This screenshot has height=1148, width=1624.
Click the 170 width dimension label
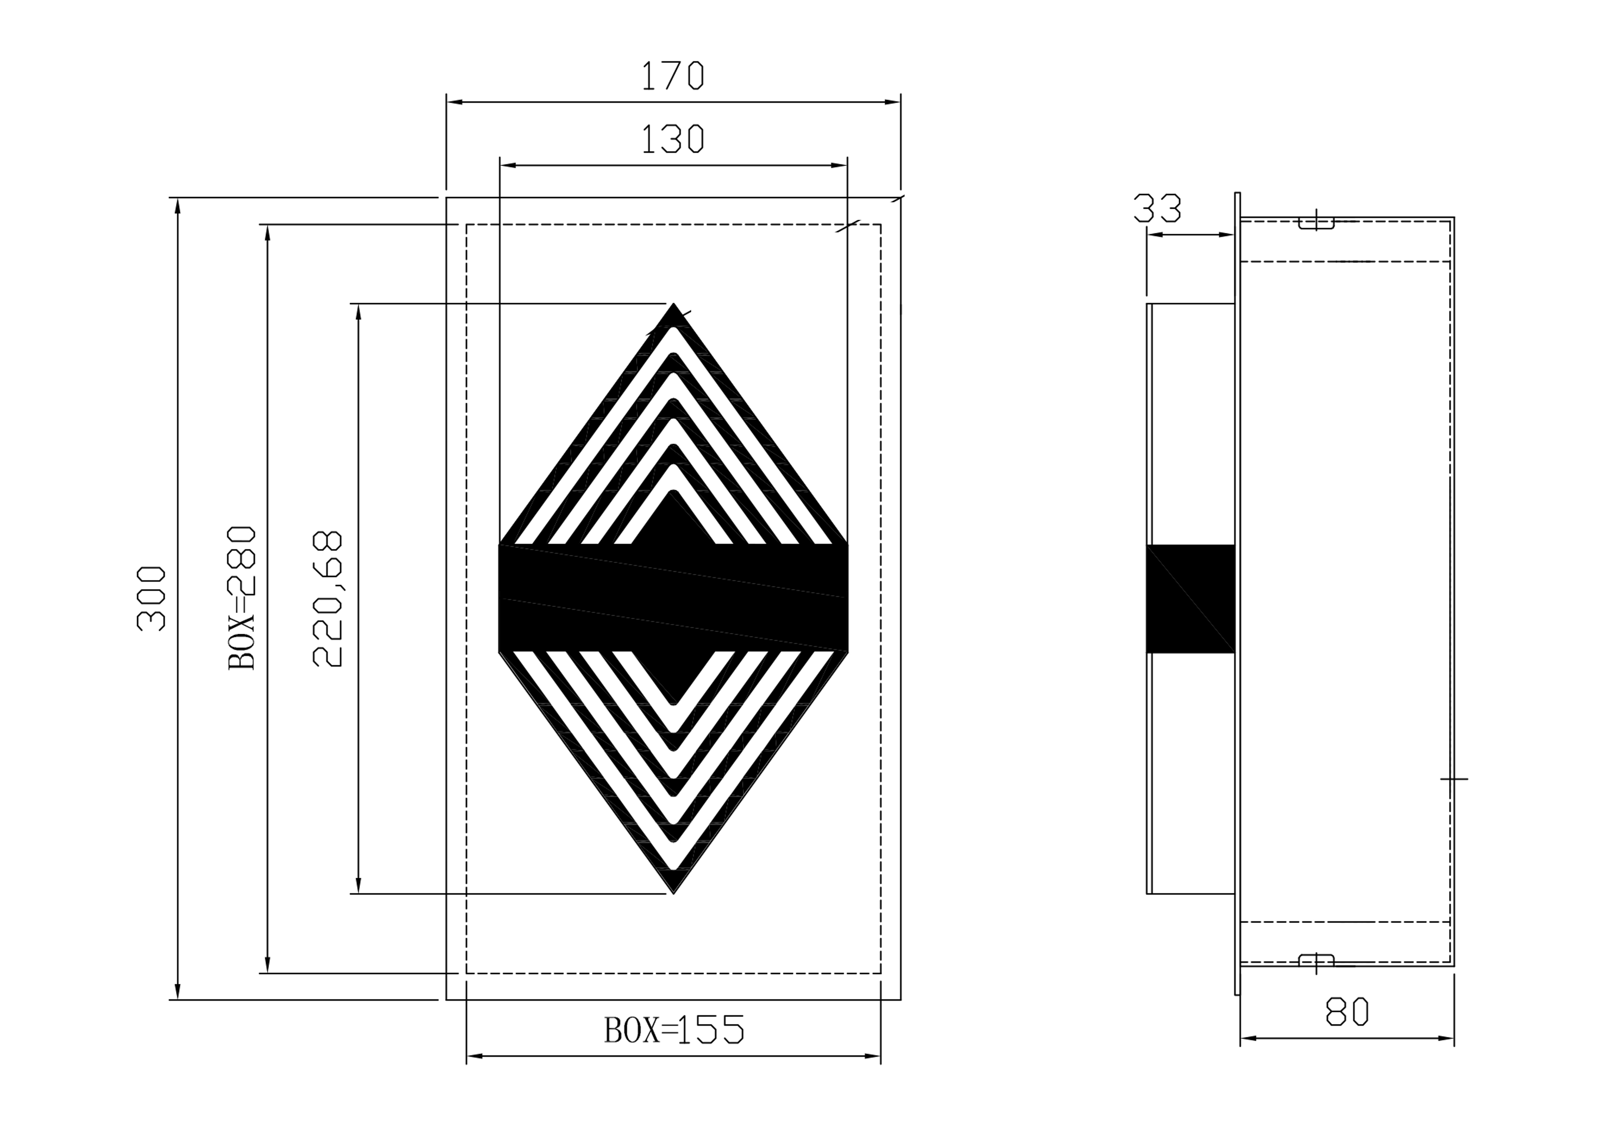pyautogui.click(x=673, y=75)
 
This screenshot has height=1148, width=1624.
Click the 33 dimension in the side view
pyautogui.click(x=1157, y=208)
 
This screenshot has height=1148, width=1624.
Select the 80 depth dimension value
pyautogui.click(x=1347, y=1011)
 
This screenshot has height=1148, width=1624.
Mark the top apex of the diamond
pyautogui.click(x=674, y=304)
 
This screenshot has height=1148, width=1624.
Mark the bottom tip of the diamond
pyautogui.click(x=674, y=893)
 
